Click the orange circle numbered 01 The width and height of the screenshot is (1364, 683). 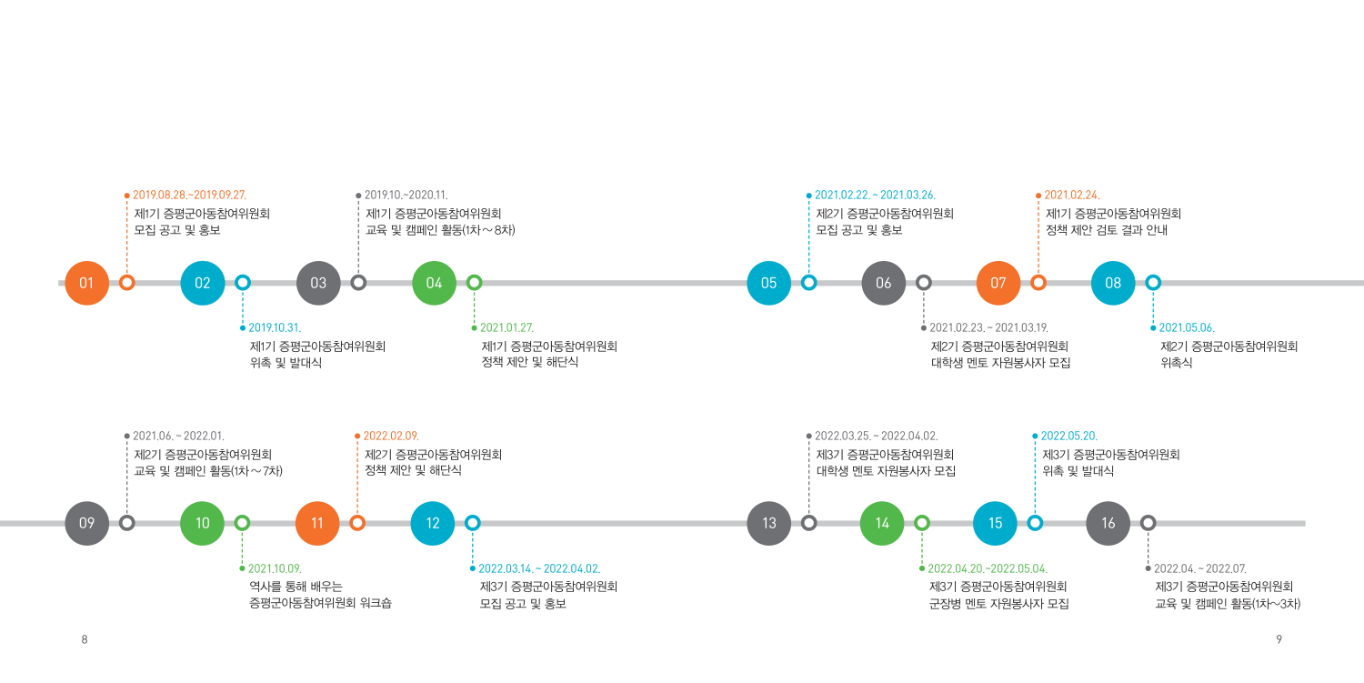(x=87, y=283)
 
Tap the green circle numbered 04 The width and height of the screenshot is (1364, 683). (x=434, y=283)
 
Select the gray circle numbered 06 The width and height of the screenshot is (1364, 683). (x=884, y=283)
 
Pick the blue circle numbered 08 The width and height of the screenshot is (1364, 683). (x=1113, y=283)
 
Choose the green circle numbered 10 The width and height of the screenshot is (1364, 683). (x=202, y=523)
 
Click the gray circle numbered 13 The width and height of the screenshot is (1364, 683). (x=769, y=523)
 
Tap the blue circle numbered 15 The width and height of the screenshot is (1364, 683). (x=995, y=523)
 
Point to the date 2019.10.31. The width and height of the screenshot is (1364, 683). (x=275, y=327)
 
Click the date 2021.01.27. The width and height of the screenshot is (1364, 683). (x=506, y=327)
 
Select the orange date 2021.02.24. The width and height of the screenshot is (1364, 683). (x=1072, y=195)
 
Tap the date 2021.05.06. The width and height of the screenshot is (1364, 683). (x=1187, y=327)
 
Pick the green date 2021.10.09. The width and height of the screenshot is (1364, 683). (x=275, y=568)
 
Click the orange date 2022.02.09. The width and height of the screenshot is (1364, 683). (x=391, y=436)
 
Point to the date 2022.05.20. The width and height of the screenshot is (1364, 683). (x=1069, y=436)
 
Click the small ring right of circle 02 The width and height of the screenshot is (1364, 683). (x=243, y=276)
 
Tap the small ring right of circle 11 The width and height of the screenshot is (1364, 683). (x=357, y=516)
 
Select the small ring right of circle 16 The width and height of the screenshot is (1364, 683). (x=1148, y=516)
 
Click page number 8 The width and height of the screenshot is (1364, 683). (x=85, y=639)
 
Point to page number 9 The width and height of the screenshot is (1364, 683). (x=1279, y=639)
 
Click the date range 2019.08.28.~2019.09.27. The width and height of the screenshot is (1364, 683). (x=189, y=195)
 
